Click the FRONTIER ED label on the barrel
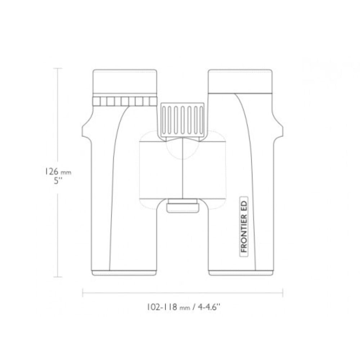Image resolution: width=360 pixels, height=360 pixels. [244, 226]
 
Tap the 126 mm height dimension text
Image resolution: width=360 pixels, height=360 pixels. [58, 172]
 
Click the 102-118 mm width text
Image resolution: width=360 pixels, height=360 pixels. [168, 307]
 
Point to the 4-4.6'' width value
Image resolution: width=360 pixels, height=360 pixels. [209, 307]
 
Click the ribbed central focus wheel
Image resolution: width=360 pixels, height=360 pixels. [183, 120]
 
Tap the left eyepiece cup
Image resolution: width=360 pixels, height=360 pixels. [125, 81]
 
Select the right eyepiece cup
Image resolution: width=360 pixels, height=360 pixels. [240, 81]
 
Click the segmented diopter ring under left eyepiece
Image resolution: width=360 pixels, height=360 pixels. [125, 101]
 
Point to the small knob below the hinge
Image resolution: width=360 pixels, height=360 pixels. [183, 206]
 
